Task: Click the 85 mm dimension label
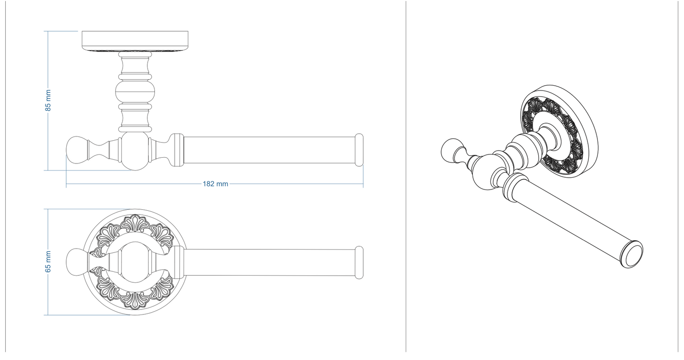pos(48,100)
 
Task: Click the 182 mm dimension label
pos(215,184)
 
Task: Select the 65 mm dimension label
pos(48,262)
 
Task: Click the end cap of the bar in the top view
pos(359,150)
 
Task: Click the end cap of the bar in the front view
pos(359,262)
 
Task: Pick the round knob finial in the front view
pos(76,262)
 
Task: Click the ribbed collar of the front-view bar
pos(178,262)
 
